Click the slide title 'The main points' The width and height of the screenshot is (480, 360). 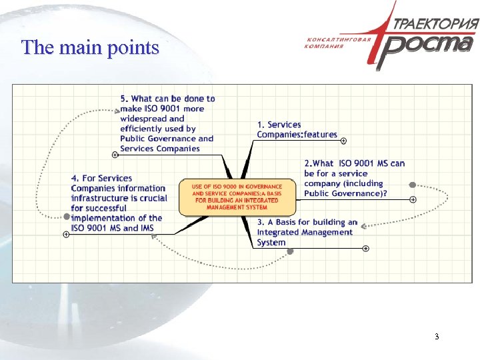(90, 48)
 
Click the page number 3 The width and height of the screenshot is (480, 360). (437, 337)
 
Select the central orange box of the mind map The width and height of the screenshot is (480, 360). (237, 197)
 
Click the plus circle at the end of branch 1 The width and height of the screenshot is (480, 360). (343, 141)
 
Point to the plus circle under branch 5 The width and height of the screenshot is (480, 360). (115, 155)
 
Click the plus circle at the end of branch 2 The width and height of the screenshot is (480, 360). (413, 199)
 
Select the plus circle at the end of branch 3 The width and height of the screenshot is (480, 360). (366, 249)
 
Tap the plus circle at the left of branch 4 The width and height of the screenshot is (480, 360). (65, 235)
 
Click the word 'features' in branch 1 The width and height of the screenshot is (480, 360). (320, 135)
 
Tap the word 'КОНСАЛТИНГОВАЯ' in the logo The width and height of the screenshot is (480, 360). (338, 39)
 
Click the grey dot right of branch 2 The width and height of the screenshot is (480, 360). (413, 185)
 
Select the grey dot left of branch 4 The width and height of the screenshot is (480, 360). (67, 217)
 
